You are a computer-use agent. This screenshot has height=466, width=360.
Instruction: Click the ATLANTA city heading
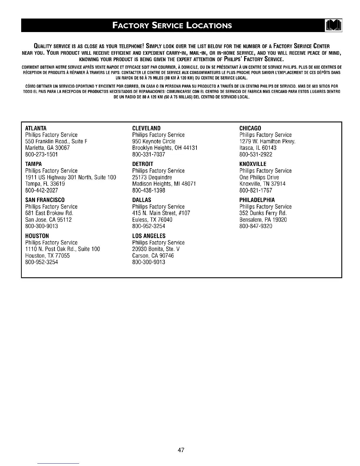[36, 128]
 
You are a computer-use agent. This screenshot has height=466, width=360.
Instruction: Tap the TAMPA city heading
[34, 164]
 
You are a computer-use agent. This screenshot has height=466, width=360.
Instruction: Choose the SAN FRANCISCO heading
[45, 200]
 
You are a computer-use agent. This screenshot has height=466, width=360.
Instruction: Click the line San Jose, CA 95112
[49, 220]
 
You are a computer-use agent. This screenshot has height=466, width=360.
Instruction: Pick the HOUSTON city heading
[37, 236]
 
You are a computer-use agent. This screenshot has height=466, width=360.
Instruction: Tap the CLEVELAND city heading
[146, 128]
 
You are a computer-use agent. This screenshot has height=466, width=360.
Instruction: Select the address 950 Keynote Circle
[154, 142]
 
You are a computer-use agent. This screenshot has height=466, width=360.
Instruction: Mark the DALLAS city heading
[142, 200]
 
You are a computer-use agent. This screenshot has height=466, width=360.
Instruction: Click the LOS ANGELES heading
[149, 236]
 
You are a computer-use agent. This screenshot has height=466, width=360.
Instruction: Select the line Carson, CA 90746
[153, 256]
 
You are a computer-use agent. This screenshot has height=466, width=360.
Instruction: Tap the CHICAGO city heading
[250, 128]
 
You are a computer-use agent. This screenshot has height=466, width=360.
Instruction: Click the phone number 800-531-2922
[256, 154]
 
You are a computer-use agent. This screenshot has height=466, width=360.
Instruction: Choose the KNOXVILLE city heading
[253, 164]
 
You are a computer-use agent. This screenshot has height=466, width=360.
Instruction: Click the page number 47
[181, 450]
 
